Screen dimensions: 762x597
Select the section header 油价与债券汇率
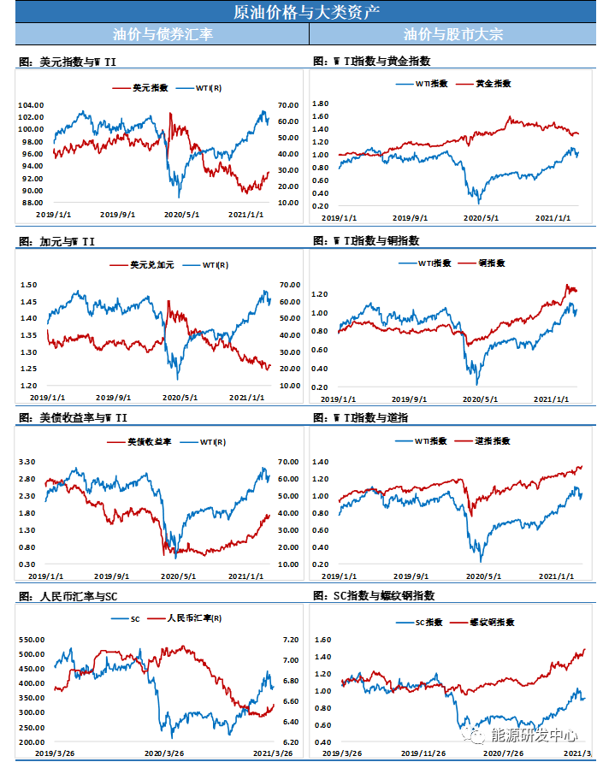point(163,34)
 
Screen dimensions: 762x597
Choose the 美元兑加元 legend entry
point(152,265)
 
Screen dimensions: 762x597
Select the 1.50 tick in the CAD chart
point(29,285)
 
